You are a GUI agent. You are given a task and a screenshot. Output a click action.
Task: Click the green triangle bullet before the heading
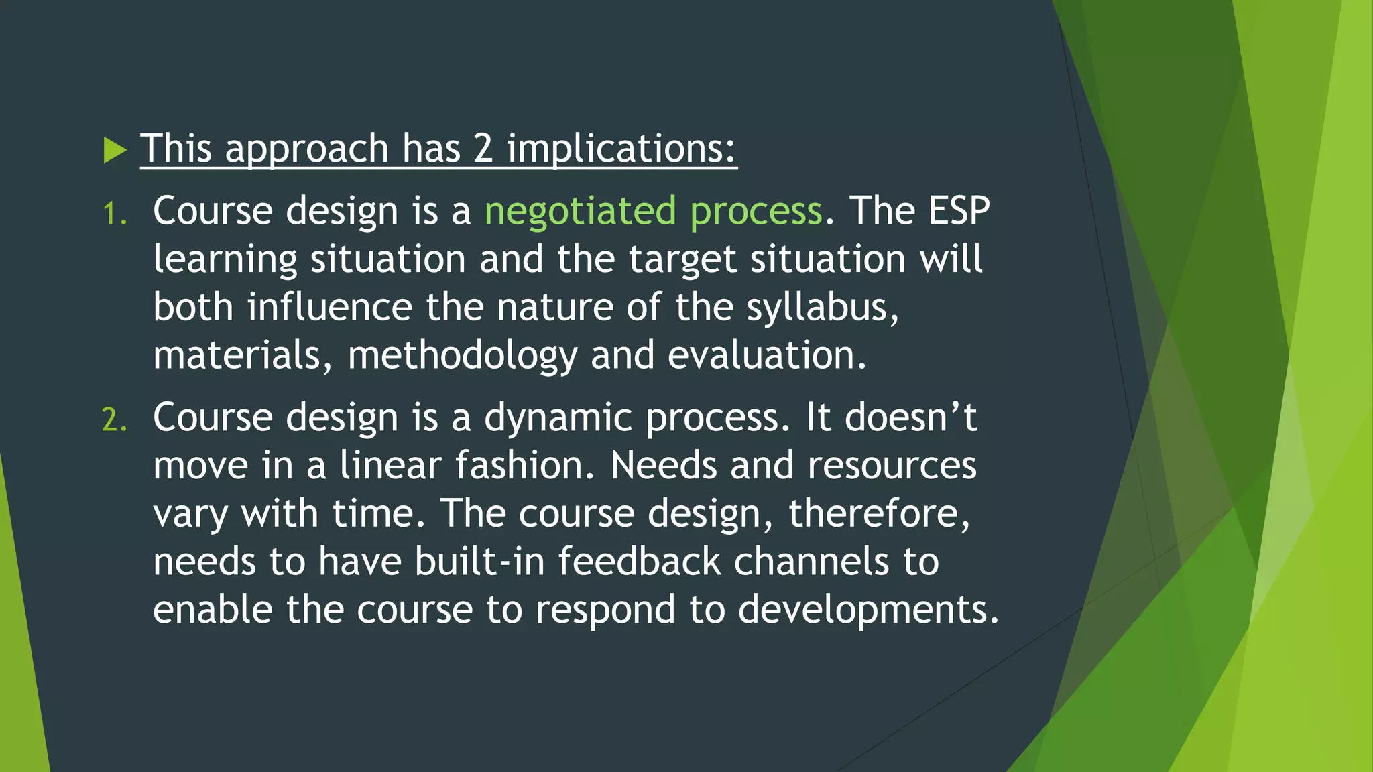point(115,150)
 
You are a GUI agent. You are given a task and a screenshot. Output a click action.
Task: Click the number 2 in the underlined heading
point(483,149)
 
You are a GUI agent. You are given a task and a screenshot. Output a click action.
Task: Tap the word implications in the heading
point(621,149)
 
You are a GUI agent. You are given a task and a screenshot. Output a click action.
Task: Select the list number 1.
point(113,214)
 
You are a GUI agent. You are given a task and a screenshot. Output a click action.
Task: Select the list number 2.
point(113,421)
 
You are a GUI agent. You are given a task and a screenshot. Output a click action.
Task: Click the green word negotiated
point(580,212)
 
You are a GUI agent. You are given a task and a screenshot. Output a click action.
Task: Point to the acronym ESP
point(959,210)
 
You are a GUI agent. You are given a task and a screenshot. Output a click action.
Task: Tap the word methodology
point(462,356)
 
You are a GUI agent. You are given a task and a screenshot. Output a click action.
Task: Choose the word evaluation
point(766,355)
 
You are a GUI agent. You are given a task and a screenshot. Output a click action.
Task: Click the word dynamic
point(558,418)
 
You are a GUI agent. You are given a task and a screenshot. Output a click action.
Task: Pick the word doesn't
point(910,417)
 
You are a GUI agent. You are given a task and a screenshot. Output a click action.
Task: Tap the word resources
point(892,465)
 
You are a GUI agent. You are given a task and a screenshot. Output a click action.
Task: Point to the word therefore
point(878,513)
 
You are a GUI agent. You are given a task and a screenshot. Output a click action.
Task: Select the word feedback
point(639,561)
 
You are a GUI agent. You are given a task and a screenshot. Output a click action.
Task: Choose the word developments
point(868,610)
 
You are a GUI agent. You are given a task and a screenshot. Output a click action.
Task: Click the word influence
point(329,307)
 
